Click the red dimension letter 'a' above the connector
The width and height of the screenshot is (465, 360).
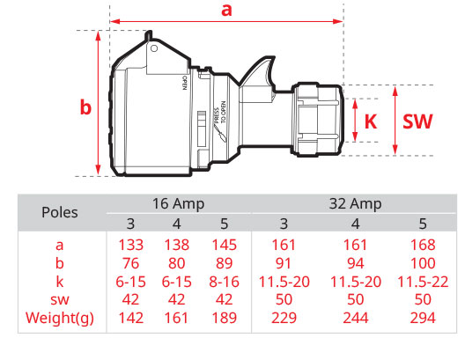[226, 10]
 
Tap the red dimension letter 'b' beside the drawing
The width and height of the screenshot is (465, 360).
[85, 107]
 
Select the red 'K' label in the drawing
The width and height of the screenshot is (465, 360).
[371, 121]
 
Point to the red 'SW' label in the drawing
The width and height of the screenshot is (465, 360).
[417, 121]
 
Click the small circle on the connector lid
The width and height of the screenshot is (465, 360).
[154, 48]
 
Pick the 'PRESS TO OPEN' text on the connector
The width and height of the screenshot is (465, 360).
[220, 113]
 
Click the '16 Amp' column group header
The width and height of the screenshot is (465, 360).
[178, 204]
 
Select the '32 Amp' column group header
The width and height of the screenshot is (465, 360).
[355, 204]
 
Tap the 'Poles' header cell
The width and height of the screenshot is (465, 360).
[60, 212]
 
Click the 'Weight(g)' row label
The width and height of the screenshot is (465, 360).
[60, 319]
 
